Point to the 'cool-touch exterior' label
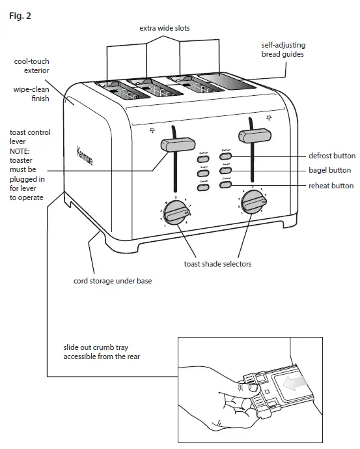[x=33, y=65]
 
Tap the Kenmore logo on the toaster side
[x=85, y=154]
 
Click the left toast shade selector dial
[x=175, y=212]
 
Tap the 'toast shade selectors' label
[x=217, y=264]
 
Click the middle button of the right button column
[x=225, y=171]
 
